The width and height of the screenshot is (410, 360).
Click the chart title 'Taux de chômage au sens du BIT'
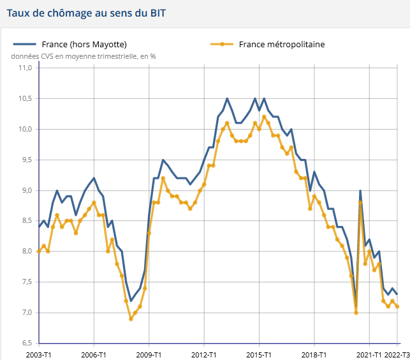click(x=87, y=13)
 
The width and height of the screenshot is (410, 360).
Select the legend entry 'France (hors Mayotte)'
click(x=84, y=44)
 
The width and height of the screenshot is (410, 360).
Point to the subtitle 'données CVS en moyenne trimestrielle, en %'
click(x=84, y=56)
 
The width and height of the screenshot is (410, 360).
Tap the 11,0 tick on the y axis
click(x=26, y=68)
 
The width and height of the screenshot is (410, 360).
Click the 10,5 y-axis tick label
click(x=26, y=99)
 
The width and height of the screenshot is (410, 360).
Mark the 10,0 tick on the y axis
click(x=26, y=130)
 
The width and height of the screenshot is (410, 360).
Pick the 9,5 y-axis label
click(x=26, y=160)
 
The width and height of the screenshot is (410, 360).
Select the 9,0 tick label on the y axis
click(x=26, y=190)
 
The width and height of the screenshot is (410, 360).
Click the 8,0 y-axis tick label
click(x=26, y=251)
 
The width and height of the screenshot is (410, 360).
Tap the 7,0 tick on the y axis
click(x=26, y=313)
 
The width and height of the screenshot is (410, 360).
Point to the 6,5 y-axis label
click(x=26, y=343)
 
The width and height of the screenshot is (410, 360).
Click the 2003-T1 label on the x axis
click(x=40, y=354)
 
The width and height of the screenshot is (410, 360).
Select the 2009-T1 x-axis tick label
click(x=149, y=354)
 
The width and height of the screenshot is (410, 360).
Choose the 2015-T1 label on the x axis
click(x=259, y=354)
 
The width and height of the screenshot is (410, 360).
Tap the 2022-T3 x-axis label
click(x=397, y=354)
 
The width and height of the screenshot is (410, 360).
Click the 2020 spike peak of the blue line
click(x=360, y=191)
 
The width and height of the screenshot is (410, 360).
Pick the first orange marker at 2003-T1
click(x=39, y=251)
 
